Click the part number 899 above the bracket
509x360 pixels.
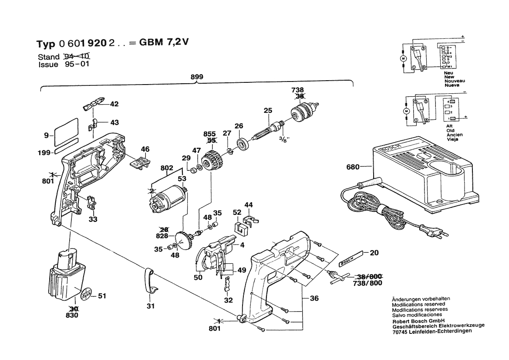coord(197,77)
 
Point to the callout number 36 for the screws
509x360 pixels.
coord(314,299)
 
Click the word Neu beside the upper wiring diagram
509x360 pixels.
coord(448,73)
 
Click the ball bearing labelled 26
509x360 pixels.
coord(242,143)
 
